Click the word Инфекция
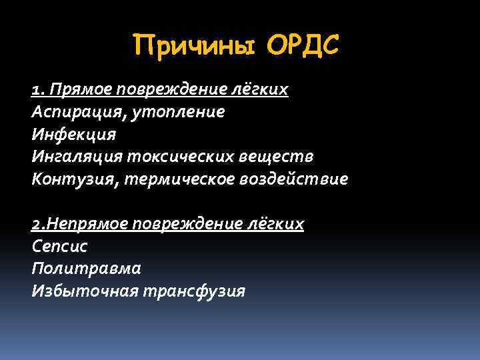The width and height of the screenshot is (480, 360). point(73,135)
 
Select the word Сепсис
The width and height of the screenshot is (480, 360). point(59,247)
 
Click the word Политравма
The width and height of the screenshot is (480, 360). point(85,269)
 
